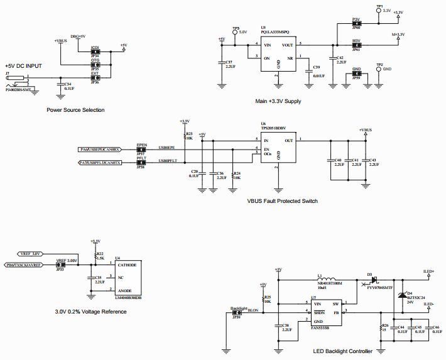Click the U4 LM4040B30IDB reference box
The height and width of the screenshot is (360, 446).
coord(128,276)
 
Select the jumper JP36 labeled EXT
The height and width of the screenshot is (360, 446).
coord(95,78)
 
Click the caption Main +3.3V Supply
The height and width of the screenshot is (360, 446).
coord(278,101)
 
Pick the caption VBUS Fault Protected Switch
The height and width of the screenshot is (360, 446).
coord(283,201)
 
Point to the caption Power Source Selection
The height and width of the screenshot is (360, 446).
coord(75,110)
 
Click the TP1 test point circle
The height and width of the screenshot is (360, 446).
coord(378,11)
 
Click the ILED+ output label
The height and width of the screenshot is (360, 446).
coord(428,271)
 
